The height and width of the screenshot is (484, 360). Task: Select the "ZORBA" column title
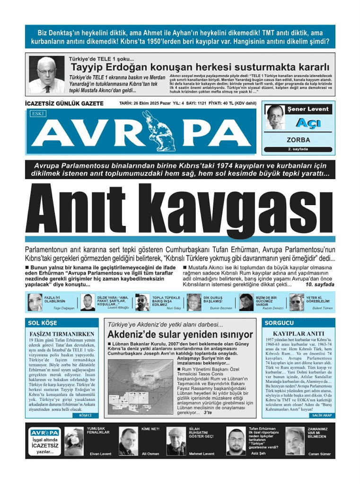(298, 140)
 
